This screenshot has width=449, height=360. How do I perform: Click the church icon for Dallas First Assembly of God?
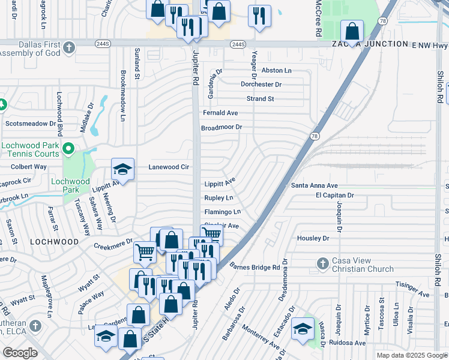point(69,47)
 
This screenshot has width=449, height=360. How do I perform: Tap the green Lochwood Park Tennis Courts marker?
point(68,148)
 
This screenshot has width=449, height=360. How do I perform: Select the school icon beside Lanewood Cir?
point(122,170)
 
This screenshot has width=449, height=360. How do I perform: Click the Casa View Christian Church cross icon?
point(322,263)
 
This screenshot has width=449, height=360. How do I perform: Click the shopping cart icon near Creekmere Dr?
point(145,253)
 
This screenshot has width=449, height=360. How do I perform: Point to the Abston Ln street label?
point(277,70)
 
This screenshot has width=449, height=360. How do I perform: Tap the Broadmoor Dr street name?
point(221,127)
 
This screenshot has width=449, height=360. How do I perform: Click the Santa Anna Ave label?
point(315,185)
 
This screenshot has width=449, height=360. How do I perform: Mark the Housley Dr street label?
point(313,238)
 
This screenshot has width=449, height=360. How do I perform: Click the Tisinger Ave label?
point(412,294)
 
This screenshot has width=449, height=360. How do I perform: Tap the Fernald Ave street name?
point(220,113)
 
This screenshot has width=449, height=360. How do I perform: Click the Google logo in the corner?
point(20,353)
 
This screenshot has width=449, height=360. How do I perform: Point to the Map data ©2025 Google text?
point(411,355)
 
